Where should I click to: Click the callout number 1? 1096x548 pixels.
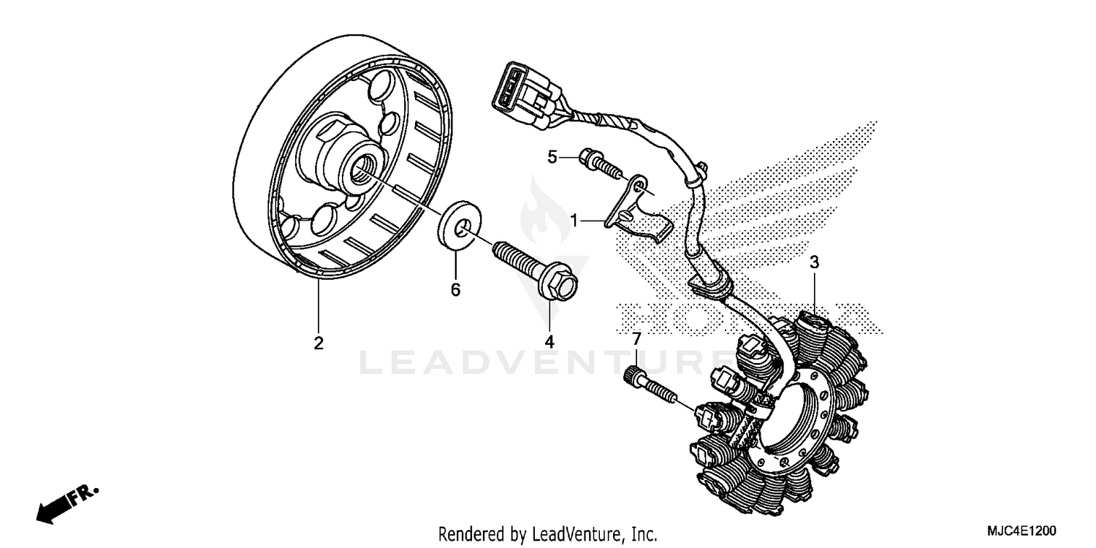(575, 220)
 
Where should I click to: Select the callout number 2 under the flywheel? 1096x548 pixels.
(319, 343)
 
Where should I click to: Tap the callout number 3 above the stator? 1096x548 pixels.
(814, 262)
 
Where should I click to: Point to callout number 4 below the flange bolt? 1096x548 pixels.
(549, 341)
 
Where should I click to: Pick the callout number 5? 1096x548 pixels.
(553, 156)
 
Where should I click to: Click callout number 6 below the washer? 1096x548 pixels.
(455, 290)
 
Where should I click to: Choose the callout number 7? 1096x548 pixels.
(636, 339)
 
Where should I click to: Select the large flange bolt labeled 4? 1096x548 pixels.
(537, 270)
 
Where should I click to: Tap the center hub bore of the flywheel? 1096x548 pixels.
(362, 173)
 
